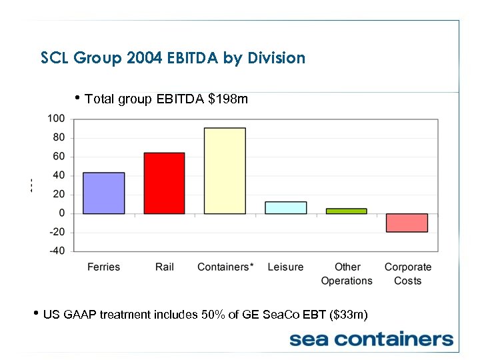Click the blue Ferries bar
[x=103, y=193]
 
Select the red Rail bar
[x=164, y=183]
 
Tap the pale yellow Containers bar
[x=225, y=171]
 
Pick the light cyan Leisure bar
[x=285, y=208]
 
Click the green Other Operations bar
[x=346, y=211]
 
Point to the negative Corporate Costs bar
[x=407, y=223]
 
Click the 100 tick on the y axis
[x=56, y=119]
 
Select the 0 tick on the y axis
[x=61, y=213]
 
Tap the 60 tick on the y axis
[x=58, y=157]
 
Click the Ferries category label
[x=103, y=267]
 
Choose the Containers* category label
[x=225, y=267]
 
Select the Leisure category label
[x=285, y=267]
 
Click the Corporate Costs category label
[x=407, y=274]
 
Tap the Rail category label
[x=164, y=267]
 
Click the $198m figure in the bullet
[x=228, y=100]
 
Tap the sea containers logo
[x=371, y=339]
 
